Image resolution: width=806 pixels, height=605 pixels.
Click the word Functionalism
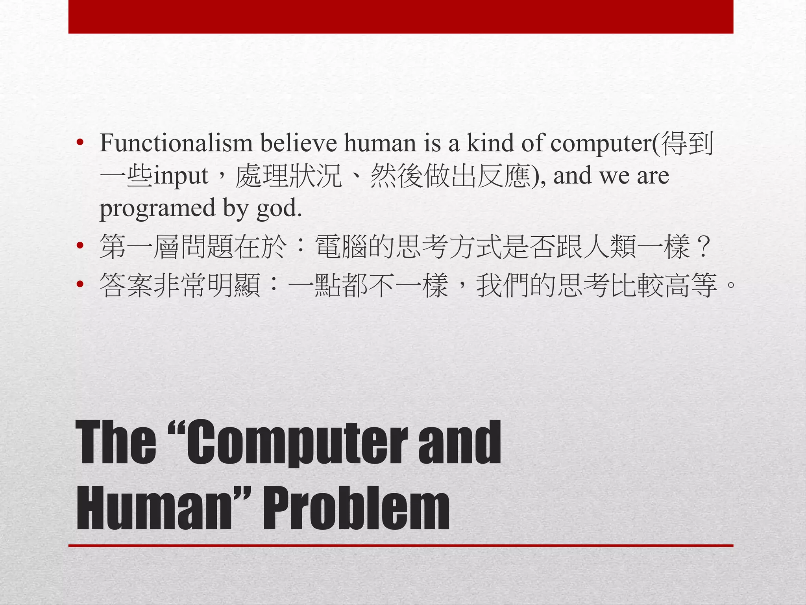point(176,143)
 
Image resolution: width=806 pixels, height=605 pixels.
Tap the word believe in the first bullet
point(298,143)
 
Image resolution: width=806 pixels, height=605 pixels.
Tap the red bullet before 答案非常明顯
point(80,284)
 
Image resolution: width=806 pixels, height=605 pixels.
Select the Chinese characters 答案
point(126,285)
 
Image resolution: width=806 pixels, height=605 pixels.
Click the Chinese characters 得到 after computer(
point(687,143)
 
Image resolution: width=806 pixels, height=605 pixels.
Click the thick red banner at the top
point(401,17)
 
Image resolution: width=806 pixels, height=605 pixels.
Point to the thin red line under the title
point(401,546)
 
